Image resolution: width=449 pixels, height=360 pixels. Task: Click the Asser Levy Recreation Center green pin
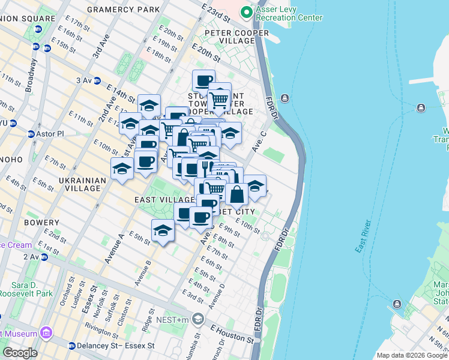(246, 12)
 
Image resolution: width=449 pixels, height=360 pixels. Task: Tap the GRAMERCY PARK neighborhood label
(124, 10)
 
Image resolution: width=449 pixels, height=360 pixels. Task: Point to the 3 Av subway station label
(83, 80)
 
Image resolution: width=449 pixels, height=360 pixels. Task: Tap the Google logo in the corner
(20, 352)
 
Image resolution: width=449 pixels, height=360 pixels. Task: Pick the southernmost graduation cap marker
(163, 230)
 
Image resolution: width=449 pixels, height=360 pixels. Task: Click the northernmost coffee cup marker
(203, 80)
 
